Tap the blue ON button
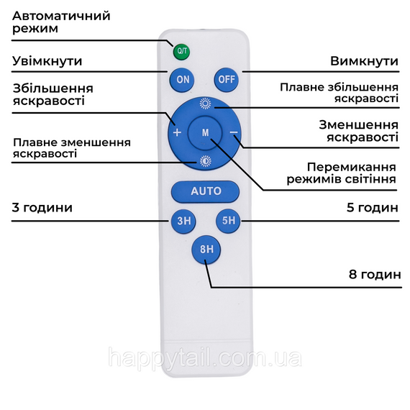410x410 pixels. (182, 80)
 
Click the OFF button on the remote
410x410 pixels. (227, 80)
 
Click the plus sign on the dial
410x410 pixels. (177, 132)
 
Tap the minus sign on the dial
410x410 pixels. (234, 132)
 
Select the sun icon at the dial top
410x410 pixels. (205, 104)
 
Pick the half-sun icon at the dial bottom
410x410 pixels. (206, 161)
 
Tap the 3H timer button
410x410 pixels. (183, 222)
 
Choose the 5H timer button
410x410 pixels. (228, 221)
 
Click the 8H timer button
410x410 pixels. (206, 250)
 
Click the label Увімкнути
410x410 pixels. (47, 61)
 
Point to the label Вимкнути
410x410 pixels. (364, 61)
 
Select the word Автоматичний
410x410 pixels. (61, 16)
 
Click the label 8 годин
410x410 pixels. (375, 275)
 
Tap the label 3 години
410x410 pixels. (42, 208)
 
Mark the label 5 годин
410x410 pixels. (373, 208)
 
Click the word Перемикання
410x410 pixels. (352, 168)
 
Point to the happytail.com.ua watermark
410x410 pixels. (205, 357)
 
